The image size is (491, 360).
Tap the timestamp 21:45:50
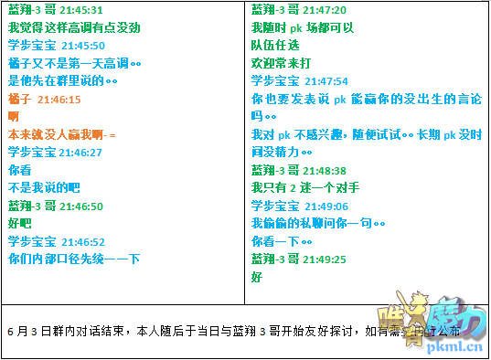tap(82, 46)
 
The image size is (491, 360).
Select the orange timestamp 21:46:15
tap(59, 99)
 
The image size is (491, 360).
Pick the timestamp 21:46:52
tap(82, 242)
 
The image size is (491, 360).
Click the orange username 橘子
tap(19, 99)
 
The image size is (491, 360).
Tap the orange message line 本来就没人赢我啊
tap(61, 134)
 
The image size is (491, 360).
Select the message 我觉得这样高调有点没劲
tap(74, 27)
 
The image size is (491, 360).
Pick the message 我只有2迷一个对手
tap(305, 188)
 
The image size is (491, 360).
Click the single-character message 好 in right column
tap(257, 277)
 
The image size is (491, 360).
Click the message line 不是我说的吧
tap(44, 188)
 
